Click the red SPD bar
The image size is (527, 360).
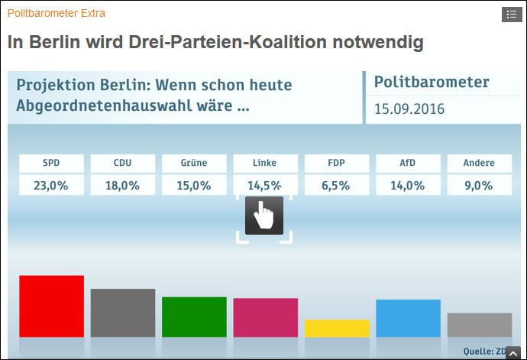tap(51, 306)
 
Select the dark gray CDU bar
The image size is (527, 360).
tap(123, 313)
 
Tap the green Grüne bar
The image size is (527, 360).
tap(194, 316)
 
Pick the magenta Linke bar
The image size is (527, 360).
tap(265, 317)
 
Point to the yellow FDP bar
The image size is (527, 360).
tap(337, 328)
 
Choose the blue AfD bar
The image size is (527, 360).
tap(408, 318)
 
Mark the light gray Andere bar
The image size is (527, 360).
tap(480, 325)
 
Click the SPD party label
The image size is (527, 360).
tap(51, 163)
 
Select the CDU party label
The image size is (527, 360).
tap(123, 163)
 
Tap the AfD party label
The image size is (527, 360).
tap(408, 163)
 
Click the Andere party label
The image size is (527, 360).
tap(480, 163)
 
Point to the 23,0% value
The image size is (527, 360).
tap(51, 185)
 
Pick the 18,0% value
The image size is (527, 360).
tap(123, 185)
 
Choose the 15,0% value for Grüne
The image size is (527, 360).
tap(194, 185)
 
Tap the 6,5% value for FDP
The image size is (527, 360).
tap(337, 185)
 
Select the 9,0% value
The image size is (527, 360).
tap(480, 185)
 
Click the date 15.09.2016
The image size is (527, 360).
tap(409, 109)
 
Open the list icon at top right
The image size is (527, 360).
tap(511, 14)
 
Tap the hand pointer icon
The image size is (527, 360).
tap(264, 216)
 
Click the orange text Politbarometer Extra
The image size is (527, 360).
tap(57, 13)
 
